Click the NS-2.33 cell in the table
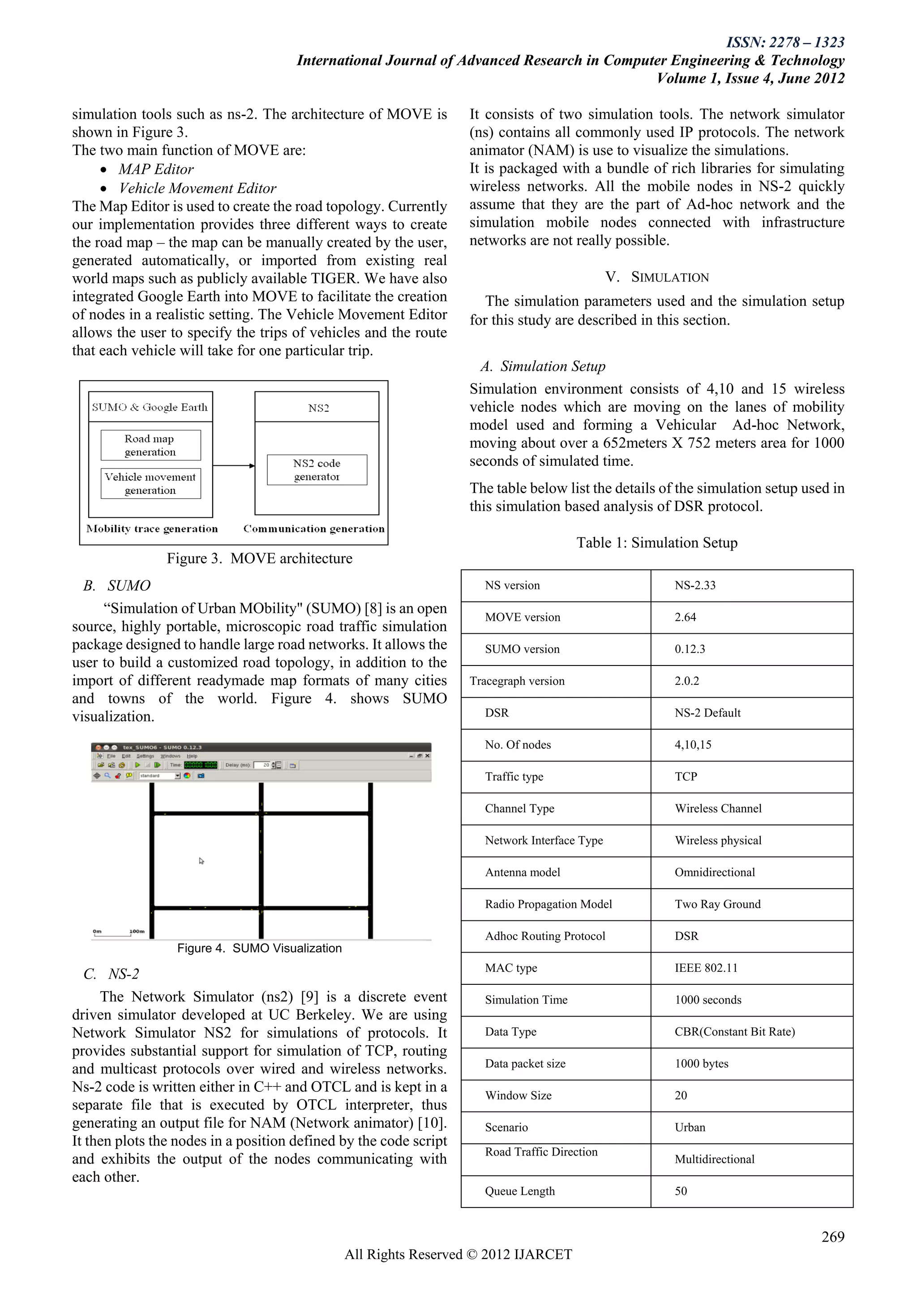[694, 585]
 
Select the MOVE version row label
[523, 618]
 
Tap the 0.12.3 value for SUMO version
[690, 649]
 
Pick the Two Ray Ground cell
[717, 904]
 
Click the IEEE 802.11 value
[706, 968]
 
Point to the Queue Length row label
[519, 1191]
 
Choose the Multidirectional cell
[714, 1159]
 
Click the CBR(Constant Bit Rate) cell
[734, 1032]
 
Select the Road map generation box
[150, 445]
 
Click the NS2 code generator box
[317, 469]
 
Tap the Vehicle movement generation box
[150, 484]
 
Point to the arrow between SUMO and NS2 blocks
[234, 465]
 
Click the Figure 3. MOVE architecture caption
[259, 558]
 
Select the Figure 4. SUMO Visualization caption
[259, 948]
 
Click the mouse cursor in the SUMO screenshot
[201, 861]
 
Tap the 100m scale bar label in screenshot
[137, 931]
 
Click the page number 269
[832, 1237]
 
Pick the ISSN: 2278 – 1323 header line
[785, 43]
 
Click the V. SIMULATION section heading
[657, 277]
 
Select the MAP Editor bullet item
[156, 169]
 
